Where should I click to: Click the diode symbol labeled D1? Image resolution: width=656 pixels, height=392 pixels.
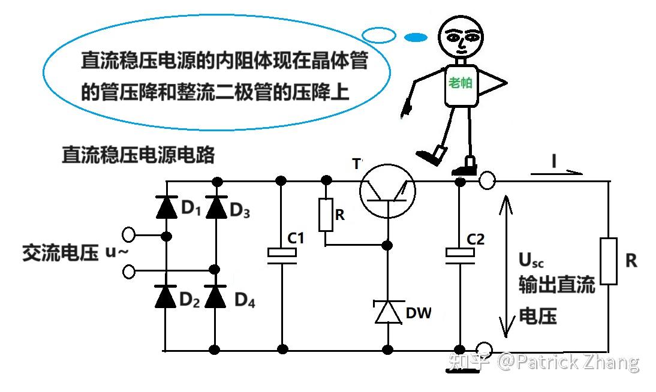[167, 207]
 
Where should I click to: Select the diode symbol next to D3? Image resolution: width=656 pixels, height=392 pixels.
[216, 207]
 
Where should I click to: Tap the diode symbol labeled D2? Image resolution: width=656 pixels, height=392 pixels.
[165, 297]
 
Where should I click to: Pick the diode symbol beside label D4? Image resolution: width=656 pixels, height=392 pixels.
[215, 297]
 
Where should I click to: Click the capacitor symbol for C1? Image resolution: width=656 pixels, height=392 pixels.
[282, 255]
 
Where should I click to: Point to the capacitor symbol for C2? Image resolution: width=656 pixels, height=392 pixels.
[460, 255]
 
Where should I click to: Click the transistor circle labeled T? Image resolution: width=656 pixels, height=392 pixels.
[387, 191]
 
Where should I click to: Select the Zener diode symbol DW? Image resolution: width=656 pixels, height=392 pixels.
[389, 312]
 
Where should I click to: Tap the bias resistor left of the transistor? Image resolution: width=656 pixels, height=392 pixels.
[326, 215]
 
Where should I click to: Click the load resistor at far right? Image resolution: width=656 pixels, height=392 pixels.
[609, 261]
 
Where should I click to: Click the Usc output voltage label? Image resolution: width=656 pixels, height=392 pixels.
[531, 260]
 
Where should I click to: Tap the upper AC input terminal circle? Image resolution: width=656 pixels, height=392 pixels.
[128, 235]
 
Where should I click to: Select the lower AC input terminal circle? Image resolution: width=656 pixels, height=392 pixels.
[128, 272]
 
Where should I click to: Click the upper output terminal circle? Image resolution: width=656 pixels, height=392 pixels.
[487, 181]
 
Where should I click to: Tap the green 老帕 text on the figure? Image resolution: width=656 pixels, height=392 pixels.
[460, 83]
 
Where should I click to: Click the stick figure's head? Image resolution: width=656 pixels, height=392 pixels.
[461, 37]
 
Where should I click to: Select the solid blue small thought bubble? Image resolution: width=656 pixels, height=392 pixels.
[416, 38]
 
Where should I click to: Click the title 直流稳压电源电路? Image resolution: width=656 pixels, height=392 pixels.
[139, 155]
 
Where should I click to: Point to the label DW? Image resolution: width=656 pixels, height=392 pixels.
[419, 313]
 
